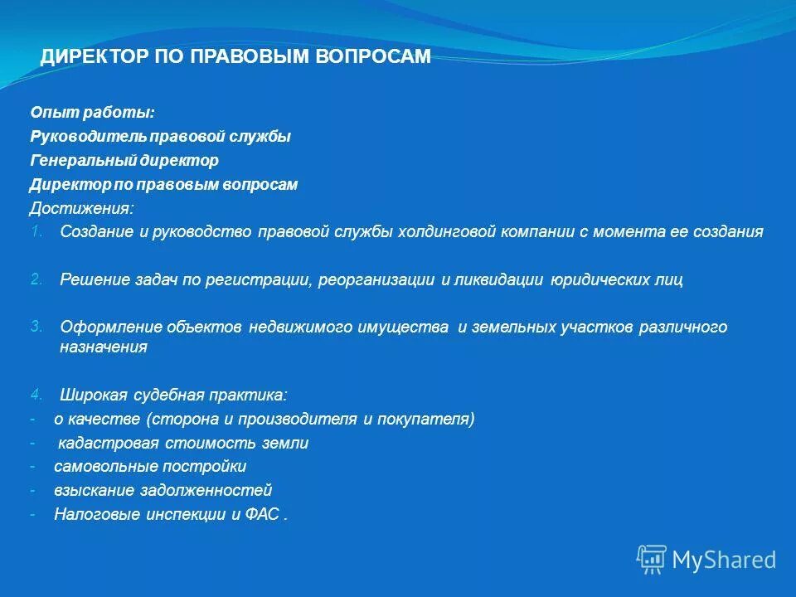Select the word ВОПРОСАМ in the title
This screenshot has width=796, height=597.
pos(380,56)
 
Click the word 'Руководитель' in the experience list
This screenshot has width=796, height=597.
pos(79,137)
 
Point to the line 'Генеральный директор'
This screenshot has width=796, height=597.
pos(124,160)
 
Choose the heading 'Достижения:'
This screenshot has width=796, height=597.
pos(80,208)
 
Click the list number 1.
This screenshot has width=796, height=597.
pos(36,231)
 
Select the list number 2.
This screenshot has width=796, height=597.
pos(36,279)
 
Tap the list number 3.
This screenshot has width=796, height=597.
pos(36,326)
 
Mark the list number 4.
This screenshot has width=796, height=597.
pos(36,394)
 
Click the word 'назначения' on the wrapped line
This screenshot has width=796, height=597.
pos(104,347)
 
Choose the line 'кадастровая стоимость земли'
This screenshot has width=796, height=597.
pos(183,444)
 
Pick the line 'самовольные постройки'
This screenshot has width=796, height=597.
pos(150,467)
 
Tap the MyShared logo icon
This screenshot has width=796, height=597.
pos(651,560)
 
